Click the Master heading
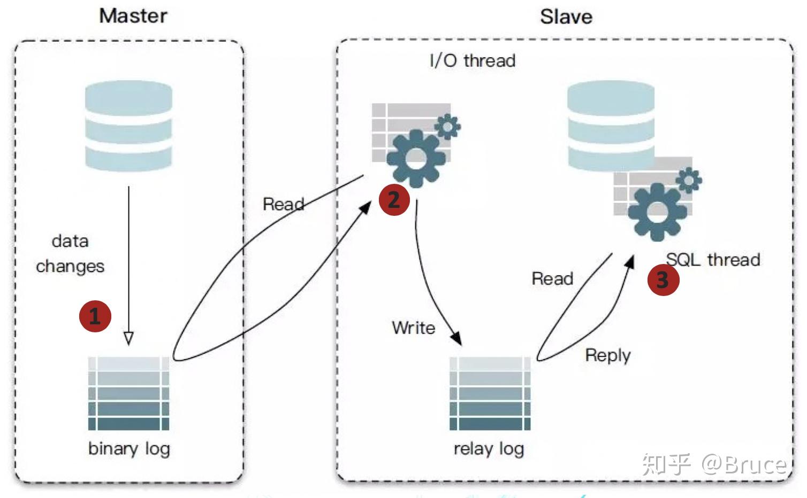[133, 15]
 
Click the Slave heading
[566, 17]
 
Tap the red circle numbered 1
[95, 316]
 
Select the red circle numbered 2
[394, 200]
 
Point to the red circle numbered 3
[663, 279]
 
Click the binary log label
[129, 449]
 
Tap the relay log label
[489, 449]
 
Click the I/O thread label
[472, 60]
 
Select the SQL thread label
[713, 260]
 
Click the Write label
[413, 328]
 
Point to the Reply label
[607, 355]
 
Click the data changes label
[70, 253]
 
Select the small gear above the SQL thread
[689, 180]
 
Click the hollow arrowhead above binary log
[128, 338]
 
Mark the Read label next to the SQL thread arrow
[552, 278]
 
